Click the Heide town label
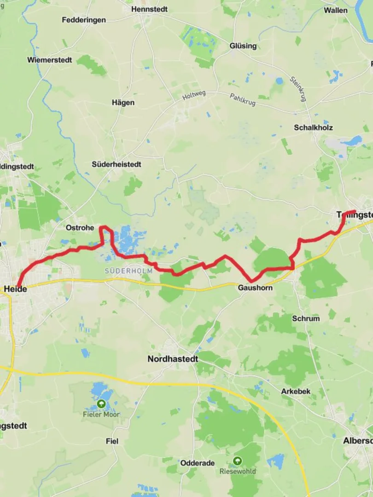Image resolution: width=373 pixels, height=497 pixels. [x=15, y=289]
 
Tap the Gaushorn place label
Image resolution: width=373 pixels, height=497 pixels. [x=255, y=288]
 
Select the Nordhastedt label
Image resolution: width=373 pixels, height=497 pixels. [x=173, y=359]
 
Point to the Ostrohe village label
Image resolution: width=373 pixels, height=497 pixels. [x=80, y=228]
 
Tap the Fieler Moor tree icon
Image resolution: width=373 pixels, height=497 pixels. [x=101, y=404]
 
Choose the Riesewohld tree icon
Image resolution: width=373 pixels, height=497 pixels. [x=237, y=461]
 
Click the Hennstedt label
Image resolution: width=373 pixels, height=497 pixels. [x=149, y=9]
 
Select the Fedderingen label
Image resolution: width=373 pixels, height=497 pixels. [x=84, y=20]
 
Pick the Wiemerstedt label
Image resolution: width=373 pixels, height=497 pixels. [x=49, y=60]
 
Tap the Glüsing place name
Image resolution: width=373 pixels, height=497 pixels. [x=243, y=46]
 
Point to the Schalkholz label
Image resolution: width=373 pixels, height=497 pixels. [x=313, y=127]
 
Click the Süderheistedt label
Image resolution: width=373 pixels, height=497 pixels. [x=117, y=164]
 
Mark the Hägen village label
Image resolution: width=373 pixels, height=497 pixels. [x=123, y=103]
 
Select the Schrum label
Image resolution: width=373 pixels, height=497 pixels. [x=306, y=318]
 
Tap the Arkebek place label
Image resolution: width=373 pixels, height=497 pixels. [x=296, y=392]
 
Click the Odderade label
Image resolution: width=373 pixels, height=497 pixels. [x=198, y=463]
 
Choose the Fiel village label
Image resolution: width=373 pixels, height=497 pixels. [x=112, y=441]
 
